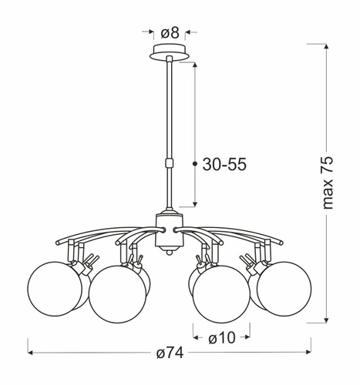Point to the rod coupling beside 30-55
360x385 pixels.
coord(169,163)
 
